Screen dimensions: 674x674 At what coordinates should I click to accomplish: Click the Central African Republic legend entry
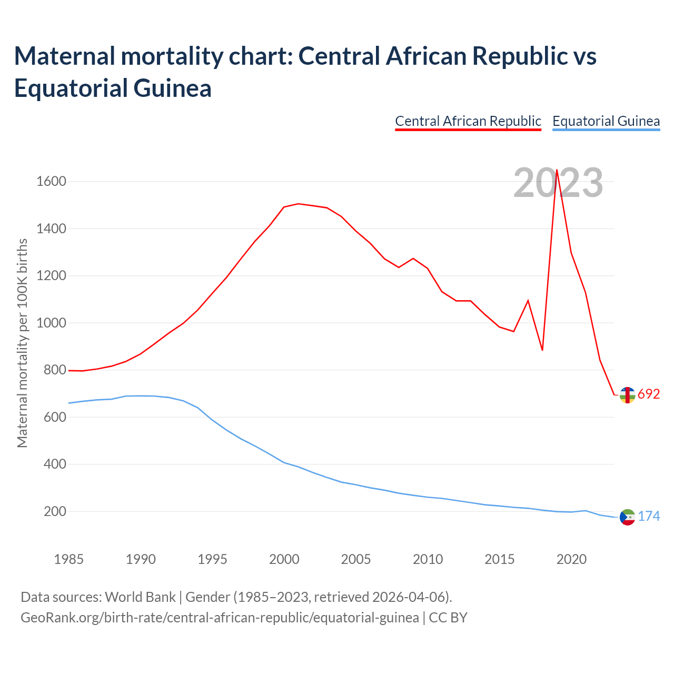pos(468,121)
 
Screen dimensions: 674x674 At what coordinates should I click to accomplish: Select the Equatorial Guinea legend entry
pos(606,121)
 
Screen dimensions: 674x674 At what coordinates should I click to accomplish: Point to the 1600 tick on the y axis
pos(51,182)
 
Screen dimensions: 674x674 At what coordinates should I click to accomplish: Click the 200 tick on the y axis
pos(55,511)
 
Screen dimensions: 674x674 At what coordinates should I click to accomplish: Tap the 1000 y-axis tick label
pos(51,323)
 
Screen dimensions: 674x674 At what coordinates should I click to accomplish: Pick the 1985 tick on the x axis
pos(68,559)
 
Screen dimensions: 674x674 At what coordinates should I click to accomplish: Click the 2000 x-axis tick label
pos(284,559)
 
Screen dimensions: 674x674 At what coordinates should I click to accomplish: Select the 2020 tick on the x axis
pos(571,559)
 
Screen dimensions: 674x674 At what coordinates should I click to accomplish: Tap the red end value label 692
pos(649,394)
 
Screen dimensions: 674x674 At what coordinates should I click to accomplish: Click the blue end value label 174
pos(649,516)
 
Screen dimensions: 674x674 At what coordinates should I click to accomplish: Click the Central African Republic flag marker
pos(627,395)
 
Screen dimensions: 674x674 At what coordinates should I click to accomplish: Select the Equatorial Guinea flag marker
pos(627,518)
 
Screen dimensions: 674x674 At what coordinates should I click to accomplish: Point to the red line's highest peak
pos(557,170)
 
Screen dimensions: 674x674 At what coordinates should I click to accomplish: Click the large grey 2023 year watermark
pos(558,183)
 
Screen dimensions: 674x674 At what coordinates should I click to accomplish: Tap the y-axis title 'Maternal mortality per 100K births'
pos(22,343)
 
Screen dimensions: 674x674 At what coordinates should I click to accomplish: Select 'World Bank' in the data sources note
pos(140,597)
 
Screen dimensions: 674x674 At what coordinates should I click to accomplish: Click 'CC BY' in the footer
pos(448,617)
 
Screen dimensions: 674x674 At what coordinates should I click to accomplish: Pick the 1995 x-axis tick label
pos(212,559)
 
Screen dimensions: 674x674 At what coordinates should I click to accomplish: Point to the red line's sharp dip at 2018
pos(542,350)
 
